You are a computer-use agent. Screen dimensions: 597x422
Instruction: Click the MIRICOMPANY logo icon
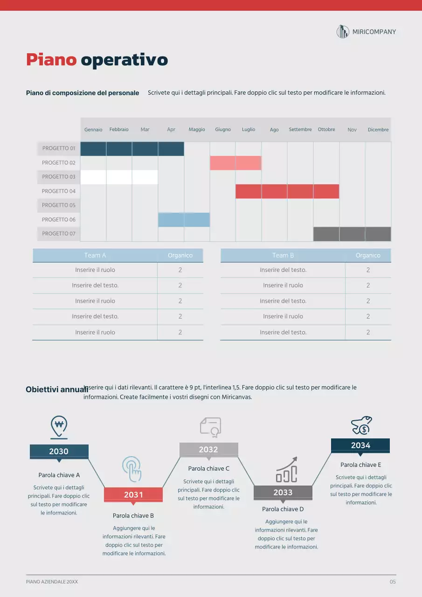[343, 32]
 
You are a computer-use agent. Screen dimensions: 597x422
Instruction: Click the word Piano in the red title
[51, 60]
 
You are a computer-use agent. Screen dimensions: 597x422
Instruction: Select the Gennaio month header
[93, 130]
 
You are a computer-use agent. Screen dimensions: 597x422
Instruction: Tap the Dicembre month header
[378, 130]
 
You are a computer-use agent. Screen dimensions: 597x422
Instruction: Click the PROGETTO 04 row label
[59, 191]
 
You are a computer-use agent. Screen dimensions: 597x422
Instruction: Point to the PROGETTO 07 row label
[59, 234]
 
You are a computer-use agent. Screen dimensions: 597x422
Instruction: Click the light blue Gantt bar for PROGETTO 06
[184, 220]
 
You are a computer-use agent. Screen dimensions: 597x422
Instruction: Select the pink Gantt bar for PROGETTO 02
[235, 163]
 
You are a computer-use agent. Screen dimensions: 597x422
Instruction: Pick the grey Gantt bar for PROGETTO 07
[352, 234]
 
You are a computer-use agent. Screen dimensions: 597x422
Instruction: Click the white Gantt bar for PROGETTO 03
[119, 177]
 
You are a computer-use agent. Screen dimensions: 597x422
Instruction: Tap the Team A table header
[95, 256]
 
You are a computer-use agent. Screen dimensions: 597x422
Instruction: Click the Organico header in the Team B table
[368, 256]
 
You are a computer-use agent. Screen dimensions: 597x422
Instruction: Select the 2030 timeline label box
[59, 451]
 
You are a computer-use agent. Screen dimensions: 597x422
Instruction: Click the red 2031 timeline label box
[133, 495]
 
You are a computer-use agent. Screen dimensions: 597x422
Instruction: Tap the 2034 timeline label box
[360, 445]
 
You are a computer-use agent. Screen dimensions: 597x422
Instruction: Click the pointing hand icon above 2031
[132, 469]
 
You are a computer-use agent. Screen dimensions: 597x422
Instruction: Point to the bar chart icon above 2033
[286, 470]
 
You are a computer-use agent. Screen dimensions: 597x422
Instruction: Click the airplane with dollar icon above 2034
[361, 425]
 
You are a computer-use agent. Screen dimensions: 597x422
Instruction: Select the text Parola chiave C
[208, 468]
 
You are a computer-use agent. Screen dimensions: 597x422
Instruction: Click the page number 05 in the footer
[393, 582]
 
